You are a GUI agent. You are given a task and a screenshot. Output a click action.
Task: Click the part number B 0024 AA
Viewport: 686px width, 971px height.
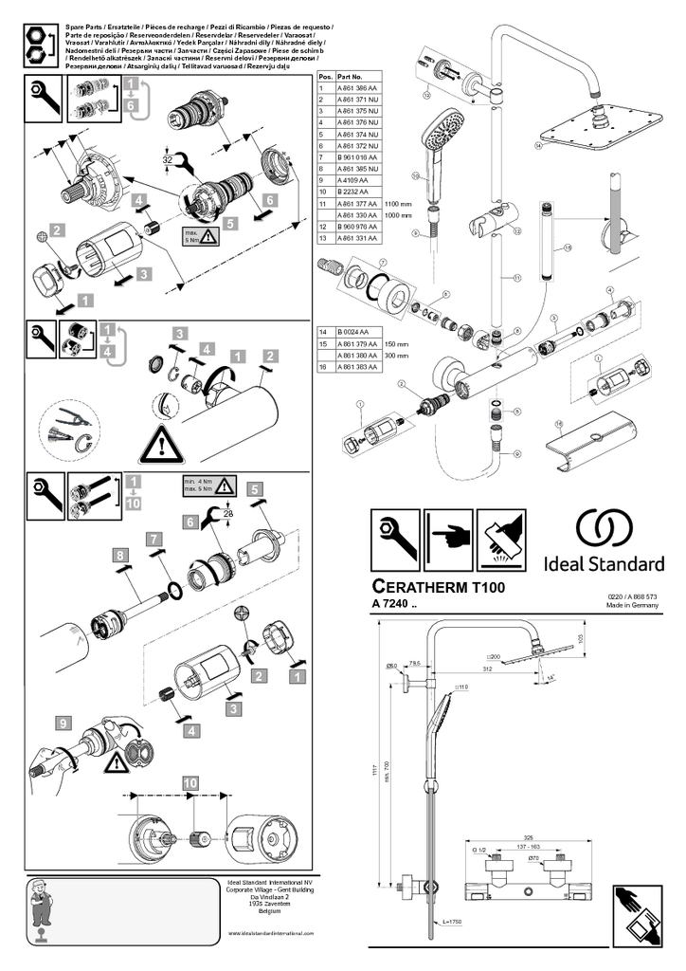pyautogui.click(x=353, y=332)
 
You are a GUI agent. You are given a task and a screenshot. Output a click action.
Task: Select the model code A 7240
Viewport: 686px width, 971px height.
pyautogui.click(x=393, y=605)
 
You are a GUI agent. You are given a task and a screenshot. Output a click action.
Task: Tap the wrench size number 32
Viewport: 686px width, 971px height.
pyautogui.click(x=168, y=160)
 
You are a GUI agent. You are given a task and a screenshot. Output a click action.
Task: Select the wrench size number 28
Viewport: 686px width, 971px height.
pyautogui.click(x=228, y=513)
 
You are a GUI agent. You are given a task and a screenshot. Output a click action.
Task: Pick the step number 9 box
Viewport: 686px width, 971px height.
pyautogui.click(x=63, y=722)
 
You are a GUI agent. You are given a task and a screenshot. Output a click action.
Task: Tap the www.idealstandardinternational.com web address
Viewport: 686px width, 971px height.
pyautogui.click(x=270, y=933)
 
